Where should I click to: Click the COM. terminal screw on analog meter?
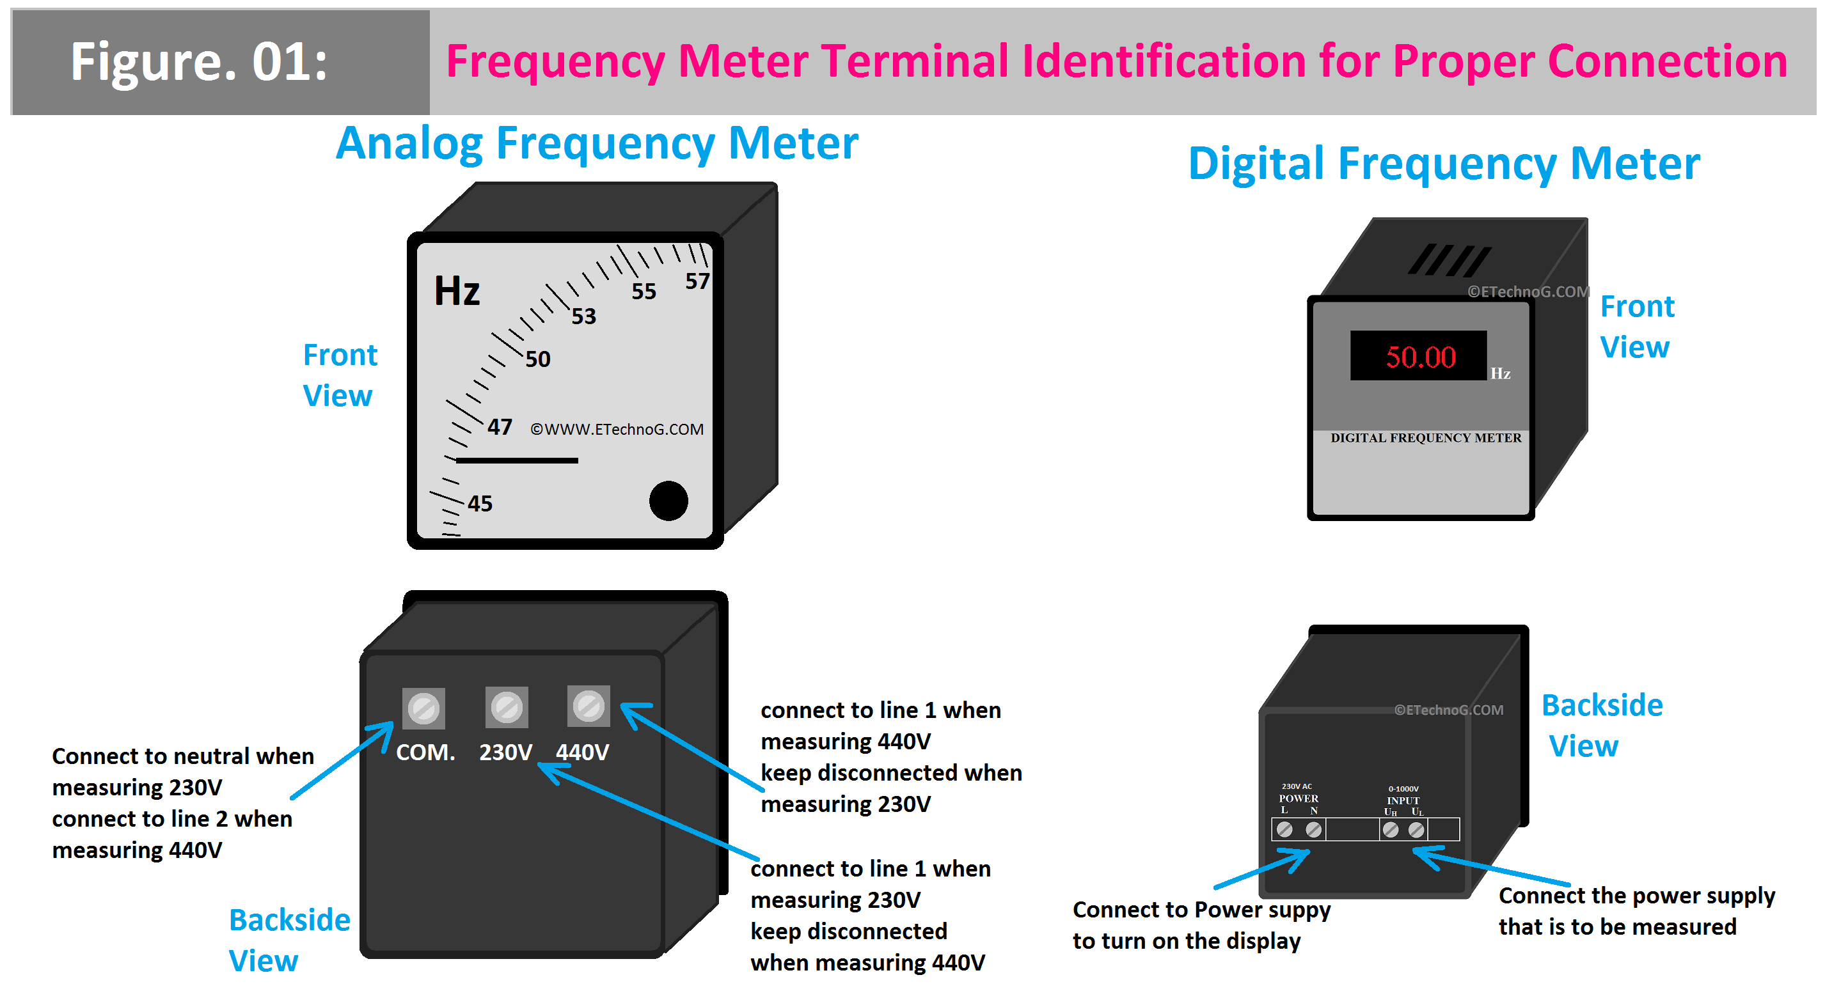423,708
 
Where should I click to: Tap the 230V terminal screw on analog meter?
507,707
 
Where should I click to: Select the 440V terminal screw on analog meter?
588,705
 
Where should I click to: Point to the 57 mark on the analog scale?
697,281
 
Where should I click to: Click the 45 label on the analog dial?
480,504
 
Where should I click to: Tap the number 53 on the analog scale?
584,316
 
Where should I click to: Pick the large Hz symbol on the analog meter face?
457,290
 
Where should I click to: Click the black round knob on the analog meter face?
668,501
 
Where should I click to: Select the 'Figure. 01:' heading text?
199,62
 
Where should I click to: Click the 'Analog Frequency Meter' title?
597,144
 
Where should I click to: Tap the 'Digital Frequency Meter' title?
1443,164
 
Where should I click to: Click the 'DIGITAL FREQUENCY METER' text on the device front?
1425,438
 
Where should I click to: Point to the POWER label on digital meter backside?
1298,799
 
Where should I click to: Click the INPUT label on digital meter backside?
1403,800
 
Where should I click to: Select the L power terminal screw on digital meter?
1284,829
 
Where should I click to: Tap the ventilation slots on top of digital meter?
1449,260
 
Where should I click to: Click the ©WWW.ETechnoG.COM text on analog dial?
617,429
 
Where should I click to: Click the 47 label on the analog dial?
500,426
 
